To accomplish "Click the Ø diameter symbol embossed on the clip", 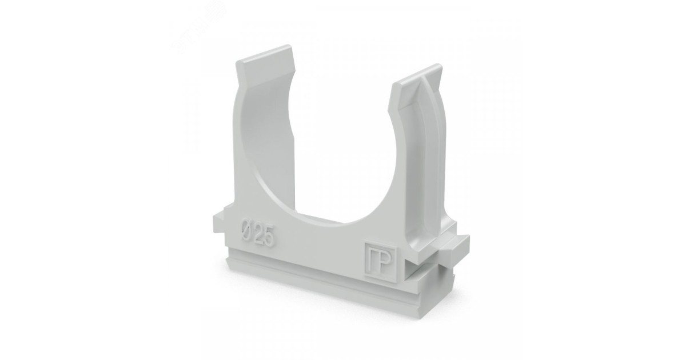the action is click(245, 231).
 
